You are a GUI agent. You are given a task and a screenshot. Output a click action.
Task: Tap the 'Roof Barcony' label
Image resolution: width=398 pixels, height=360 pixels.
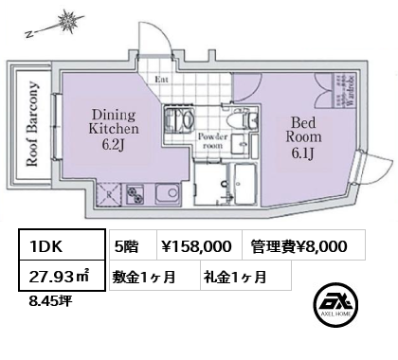pyautogui.click(x=31, y=122)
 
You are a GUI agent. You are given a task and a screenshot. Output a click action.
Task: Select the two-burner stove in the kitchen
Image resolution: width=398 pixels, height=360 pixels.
pyautogui.click(x=130, y=196)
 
